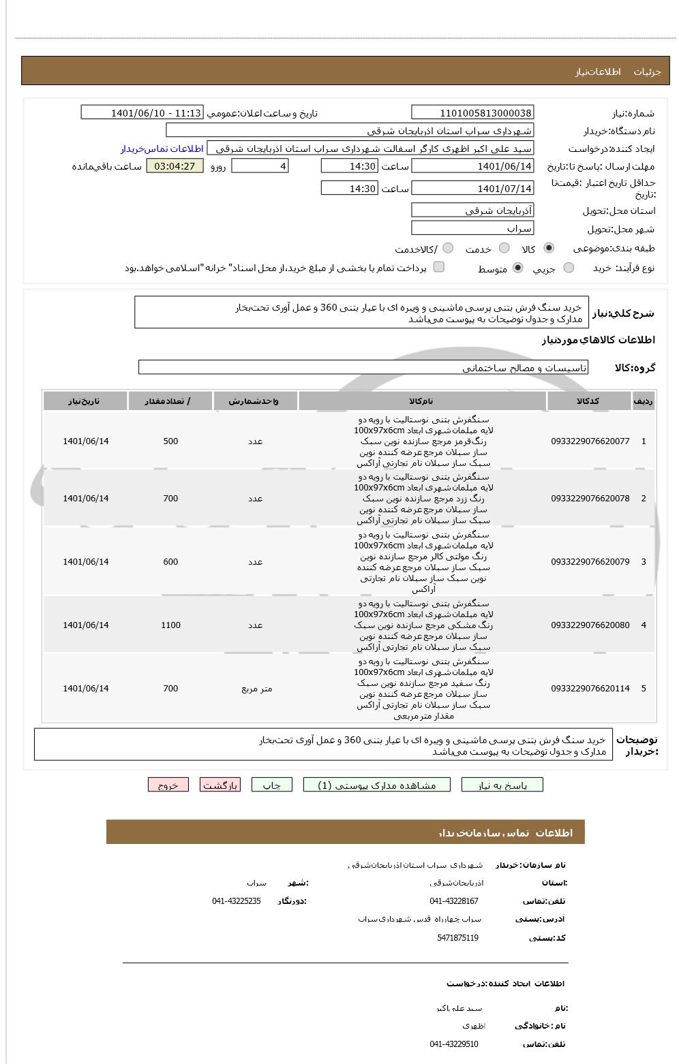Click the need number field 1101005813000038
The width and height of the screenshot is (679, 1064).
point(472,113)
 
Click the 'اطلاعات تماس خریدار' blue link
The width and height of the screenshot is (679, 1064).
point(162,148)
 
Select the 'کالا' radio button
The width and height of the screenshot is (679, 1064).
point(549,248)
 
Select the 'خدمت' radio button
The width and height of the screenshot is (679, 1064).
point(504,248)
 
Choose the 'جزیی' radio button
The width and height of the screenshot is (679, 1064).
point(569,268)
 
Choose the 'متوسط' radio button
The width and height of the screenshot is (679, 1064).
point(518,268)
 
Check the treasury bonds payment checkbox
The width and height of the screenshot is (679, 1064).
point(439,267)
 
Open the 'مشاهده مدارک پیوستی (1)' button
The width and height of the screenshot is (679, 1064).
point(377,785)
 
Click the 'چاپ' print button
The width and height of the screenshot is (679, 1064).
point(272,785)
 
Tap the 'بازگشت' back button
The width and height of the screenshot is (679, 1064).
point(220,785)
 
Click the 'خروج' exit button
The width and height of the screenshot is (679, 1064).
point(168,785)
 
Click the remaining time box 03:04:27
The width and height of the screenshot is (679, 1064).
point(175,166)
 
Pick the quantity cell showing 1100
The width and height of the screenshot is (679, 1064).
point(170,625)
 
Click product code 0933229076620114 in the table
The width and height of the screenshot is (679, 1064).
point(590,689)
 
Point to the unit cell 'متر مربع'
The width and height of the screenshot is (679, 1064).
point(256,689)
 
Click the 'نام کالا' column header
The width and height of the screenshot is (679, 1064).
point(421,401)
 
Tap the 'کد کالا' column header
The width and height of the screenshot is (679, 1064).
point(588,401)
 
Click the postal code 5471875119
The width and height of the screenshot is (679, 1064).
point(457,938)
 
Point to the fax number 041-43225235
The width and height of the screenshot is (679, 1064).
point(236,901)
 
